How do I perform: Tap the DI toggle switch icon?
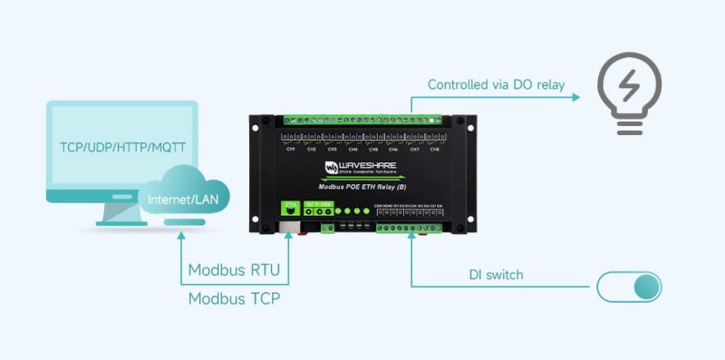pyautogui.click(x=629, y=287)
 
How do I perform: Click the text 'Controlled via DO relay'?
pyautogui.click(x=497, y=85)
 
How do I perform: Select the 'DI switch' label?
pyautogui.click(x=496, y=275)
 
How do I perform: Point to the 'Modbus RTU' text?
pyautogui.click(x=234, y=270)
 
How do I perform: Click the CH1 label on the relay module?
pyautogui.click(x=291, y=149)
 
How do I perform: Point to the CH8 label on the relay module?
pyautogui.click(x=434, y=149)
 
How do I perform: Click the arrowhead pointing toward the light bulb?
pyautogui.click(x=575, y=94)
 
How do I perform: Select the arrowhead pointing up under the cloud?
pyautogui.click(x=181, y=235)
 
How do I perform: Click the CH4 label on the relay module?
pyautogui.click(x=353, y=149)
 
